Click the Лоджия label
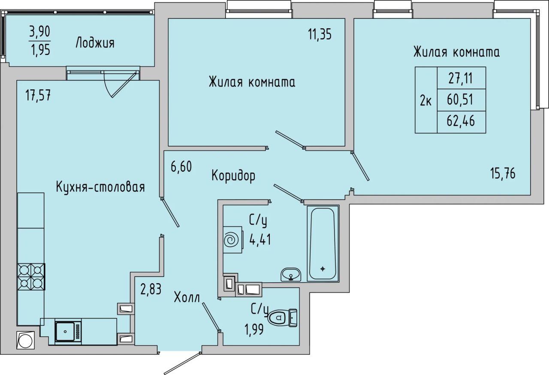tap(95, 43)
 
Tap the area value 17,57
tap(38, 95)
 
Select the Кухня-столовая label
tap(100, 187)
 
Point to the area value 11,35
tap(320, 34)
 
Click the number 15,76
tap(503, 173)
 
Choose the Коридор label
tap(233, 176)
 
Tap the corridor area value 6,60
tap(181, 167)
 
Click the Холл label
tap(187, 297)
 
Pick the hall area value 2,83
tap(151, 289)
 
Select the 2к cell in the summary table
tap(426, 100)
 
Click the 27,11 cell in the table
tap(461, 79)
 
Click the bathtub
tap(323, 244)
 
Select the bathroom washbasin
tap(291, 275)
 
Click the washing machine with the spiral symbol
tap(233, 239)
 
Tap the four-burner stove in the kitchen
tap(31, 277)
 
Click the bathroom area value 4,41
tap(260, 239)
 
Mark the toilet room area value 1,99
tap(254, 329)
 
